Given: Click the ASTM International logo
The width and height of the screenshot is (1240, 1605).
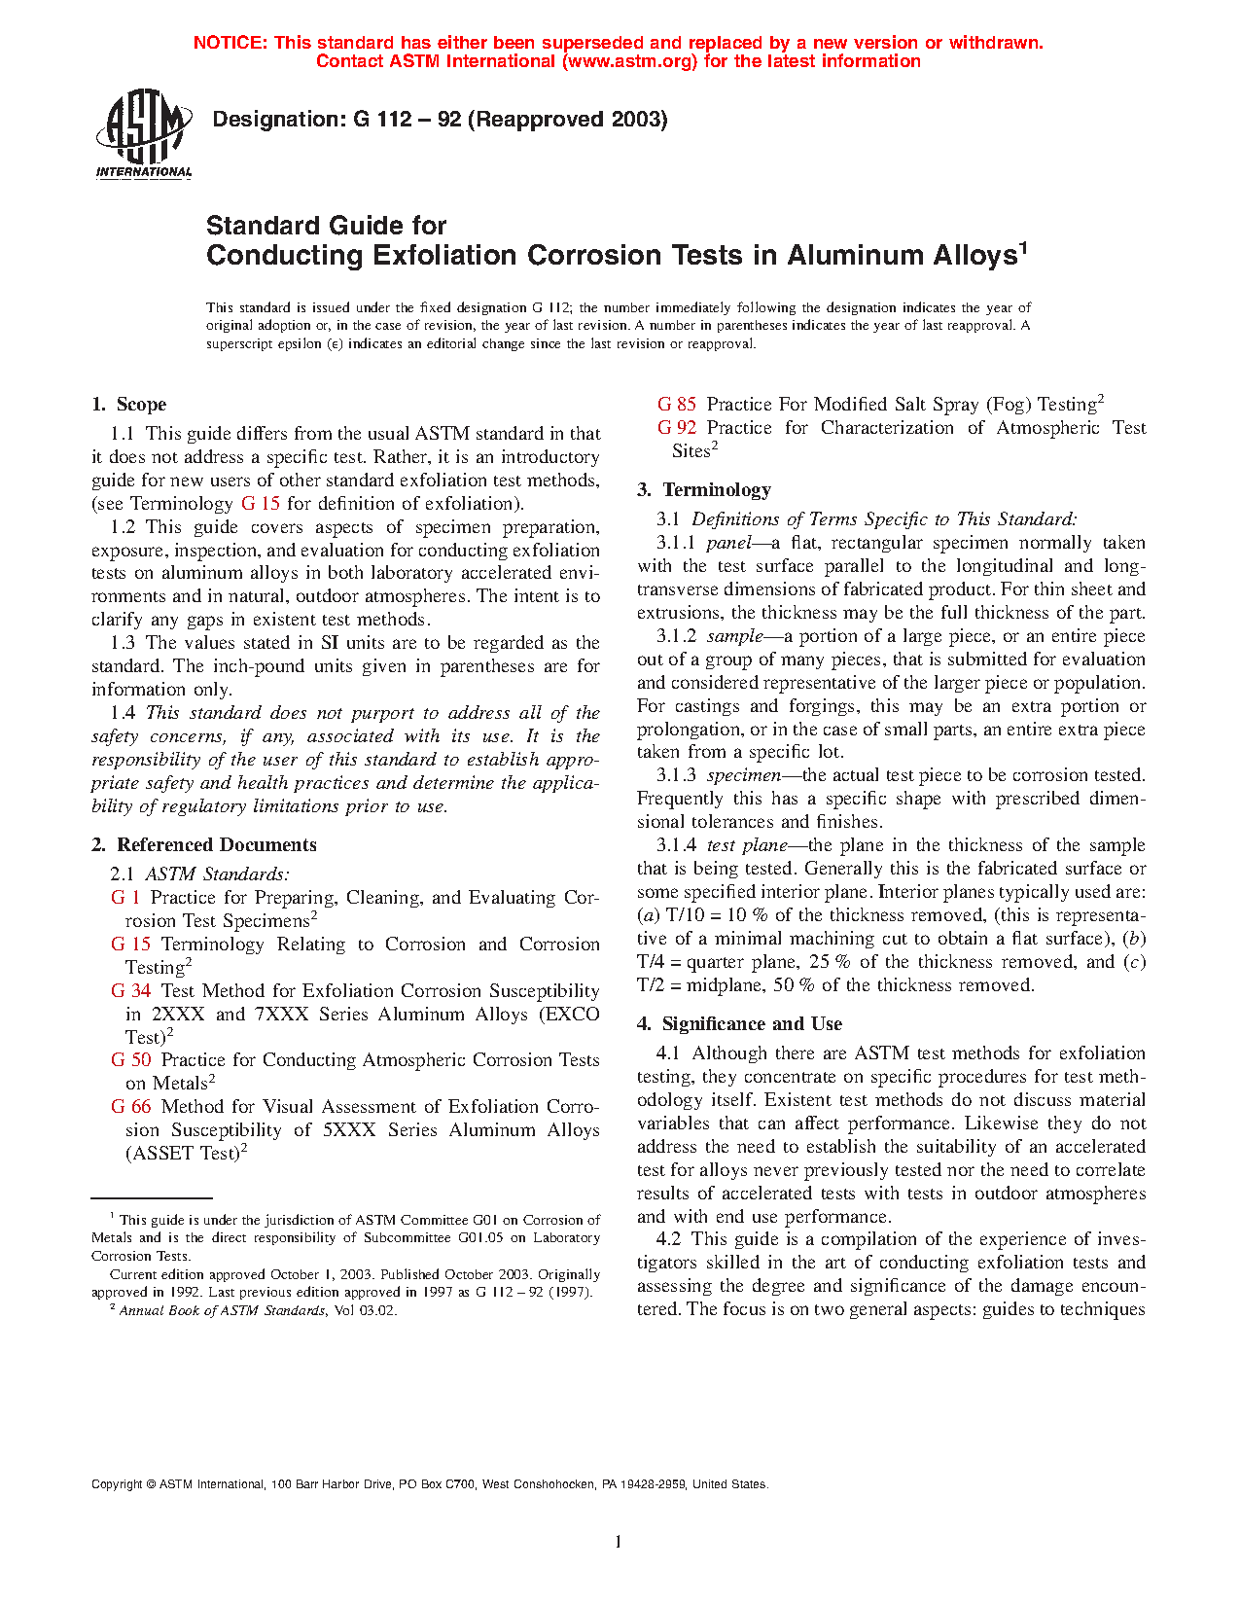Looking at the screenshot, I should (x=144, y=133).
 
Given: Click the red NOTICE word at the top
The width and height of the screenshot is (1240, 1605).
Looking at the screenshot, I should (x=230, y=43).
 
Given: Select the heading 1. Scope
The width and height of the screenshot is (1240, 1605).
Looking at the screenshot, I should (x=129, y=405).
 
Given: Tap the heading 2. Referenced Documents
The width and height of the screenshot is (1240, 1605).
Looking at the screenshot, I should (x=204, y=845).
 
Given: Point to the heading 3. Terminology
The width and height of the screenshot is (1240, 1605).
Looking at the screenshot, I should (x=704, y=490).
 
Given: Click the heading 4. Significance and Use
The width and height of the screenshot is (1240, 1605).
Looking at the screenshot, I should (x=739, y=1024).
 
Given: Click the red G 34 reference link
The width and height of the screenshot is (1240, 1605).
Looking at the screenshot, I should (x=131, y=991).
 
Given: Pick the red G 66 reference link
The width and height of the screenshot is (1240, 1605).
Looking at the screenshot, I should (x=131, y=1107).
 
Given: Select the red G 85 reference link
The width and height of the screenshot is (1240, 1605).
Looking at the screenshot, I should (x=677, y=405).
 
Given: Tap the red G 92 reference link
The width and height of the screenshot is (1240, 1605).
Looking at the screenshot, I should (x=677, y=428).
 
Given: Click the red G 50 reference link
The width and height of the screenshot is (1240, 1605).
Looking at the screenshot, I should (x=131, y=1060).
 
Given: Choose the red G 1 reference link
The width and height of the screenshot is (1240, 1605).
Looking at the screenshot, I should (x=125, y=898).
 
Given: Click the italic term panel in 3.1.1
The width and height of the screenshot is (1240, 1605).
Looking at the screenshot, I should (x=728, y=543).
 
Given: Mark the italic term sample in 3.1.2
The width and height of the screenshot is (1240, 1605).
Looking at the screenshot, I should (x=735, y=636).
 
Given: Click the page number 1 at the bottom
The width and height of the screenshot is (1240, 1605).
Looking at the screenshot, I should (x=619, y=1541).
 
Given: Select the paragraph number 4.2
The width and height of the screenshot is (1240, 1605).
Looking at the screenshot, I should (x=668, y=1239).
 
